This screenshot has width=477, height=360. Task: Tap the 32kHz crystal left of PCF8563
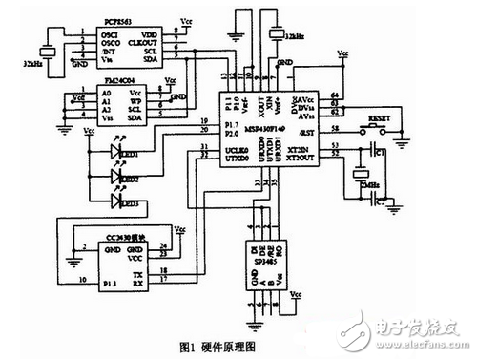click(42, 53)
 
